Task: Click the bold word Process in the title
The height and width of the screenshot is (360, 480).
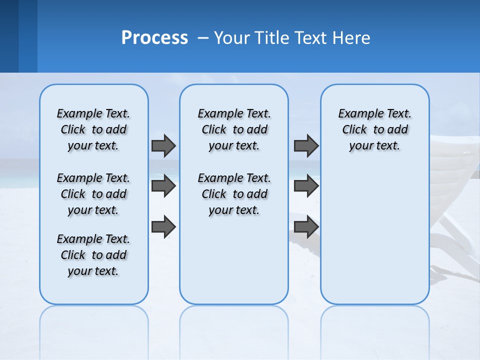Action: pos(154,38)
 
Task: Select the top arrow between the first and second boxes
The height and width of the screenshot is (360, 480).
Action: pos(163,145)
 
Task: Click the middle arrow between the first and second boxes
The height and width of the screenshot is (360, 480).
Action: pos(163,186)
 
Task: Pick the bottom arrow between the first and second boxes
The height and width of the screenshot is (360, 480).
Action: pos(163,226)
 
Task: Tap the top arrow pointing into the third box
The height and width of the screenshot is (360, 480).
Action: pos(306,145)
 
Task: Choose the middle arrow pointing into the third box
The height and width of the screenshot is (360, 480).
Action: pos(306,186)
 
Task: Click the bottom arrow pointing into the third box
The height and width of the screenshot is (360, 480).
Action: pos(306,226)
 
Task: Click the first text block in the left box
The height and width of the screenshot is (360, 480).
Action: pos(93,129)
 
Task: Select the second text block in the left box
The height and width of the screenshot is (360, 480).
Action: pos(93,194)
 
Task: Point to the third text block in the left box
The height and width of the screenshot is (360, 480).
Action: pos(93,255)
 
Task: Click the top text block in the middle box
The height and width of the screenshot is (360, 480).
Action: pos(234,129)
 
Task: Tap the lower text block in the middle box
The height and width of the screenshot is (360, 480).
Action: pos(234,194)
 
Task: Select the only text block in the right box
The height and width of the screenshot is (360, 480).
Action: pos(374,129)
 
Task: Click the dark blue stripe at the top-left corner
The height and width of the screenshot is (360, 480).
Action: pos(9,35)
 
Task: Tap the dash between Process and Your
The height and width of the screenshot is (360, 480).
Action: pos(203,38)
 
